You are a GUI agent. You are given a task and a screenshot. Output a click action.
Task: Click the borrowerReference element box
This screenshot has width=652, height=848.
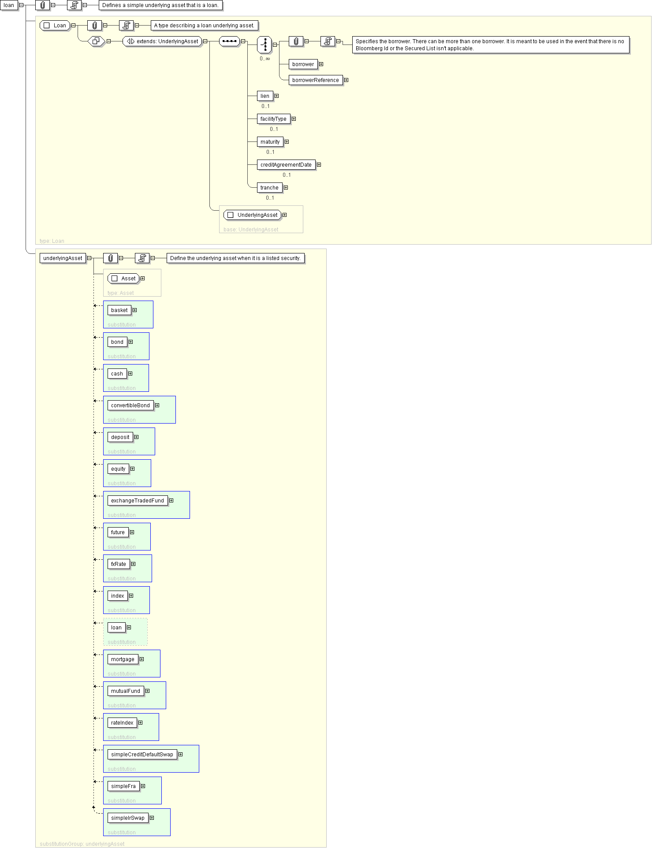[316, 80]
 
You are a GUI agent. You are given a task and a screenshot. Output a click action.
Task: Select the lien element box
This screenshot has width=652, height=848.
[265, 96]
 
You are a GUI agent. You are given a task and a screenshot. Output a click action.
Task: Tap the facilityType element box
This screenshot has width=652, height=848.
[273, 119]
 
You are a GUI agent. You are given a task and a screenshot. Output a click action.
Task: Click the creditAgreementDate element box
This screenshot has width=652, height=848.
[286, 165]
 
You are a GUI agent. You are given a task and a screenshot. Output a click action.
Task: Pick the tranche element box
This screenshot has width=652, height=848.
[269, 188]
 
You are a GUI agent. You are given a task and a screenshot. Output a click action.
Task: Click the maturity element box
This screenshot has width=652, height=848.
[270, 142]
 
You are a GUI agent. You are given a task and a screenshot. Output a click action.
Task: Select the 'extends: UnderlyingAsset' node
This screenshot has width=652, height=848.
[162, 41]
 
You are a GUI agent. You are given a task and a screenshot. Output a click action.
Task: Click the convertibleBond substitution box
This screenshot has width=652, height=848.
[139, 410]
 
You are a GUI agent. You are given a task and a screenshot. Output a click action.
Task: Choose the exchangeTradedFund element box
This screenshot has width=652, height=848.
[138, 501]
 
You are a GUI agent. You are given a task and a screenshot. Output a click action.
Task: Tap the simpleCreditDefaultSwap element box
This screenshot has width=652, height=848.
[142, 755]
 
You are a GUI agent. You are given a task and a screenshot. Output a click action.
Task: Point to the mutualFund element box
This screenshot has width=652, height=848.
[126, 691]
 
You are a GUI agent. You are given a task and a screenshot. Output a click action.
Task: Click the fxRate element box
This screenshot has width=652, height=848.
[119, 564]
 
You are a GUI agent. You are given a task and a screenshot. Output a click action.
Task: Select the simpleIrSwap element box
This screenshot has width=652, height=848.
[128, 818]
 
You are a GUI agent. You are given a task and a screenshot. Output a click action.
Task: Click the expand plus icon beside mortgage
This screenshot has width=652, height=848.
[142, 659]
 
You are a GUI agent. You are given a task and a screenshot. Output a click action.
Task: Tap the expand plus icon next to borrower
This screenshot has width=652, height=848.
[321, 64]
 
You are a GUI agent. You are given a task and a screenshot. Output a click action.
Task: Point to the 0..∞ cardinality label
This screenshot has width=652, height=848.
[265, 59]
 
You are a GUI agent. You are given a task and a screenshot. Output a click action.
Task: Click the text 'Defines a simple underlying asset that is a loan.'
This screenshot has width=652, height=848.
[160, 5]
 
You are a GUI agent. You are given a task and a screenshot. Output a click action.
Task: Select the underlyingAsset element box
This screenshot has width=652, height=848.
[63, 258]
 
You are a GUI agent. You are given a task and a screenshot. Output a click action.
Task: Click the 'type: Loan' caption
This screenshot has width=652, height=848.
[52, 241]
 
